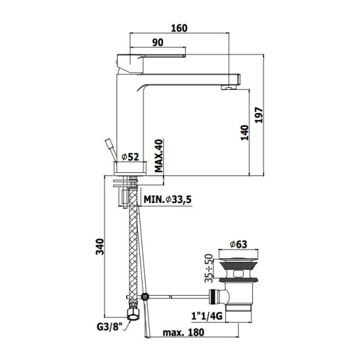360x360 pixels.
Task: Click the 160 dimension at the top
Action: pyautogui.click(x=179, y=28)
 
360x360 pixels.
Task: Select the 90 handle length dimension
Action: pyautogui.click(x=158, y=43)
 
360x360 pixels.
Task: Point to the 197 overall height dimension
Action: pyautogui.click(x=259, y=115)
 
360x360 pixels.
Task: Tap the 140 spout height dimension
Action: pyautogui.click(x=244, y=133)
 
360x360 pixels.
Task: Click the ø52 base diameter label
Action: pyautogui.click(x=130, y=157)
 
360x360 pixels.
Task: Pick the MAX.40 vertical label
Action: pyautogui.click(x=158, y=156)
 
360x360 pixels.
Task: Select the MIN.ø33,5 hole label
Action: pyautogui.click(x=168, y=200)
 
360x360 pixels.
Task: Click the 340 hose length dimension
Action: pyautogui.click(x=100, y=246)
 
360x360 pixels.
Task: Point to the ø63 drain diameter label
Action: pyautogui.click(x=238, y=244)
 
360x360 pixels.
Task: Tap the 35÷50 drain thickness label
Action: pyautogui.click(x=209, y=268)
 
